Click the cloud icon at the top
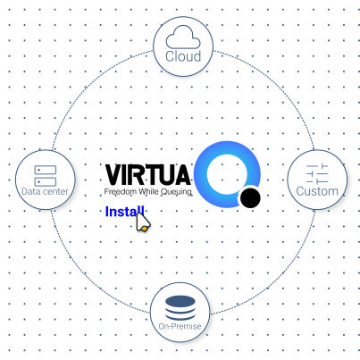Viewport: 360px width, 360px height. click(183, 37)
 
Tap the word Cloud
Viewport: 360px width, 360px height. click(183, 56)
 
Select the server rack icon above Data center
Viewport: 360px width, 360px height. click(46, 176)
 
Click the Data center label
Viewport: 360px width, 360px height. click(45, 191)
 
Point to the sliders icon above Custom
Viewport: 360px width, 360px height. click(317, 173)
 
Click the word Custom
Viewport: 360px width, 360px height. click(317, 191)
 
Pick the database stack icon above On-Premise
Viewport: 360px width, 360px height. click(180, 308)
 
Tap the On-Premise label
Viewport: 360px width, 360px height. click(180, 326)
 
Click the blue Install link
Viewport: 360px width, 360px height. click(125, 212)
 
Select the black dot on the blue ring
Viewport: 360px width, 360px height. click(250, 197)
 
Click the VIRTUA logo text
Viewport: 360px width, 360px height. click(147, 175)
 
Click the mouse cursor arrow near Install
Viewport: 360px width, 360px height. click(143, 222)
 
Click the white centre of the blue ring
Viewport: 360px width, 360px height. click(227, 174)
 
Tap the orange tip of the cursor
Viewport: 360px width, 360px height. click(144, 229)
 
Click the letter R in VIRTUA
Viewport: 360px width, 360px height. click(138, 175)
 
